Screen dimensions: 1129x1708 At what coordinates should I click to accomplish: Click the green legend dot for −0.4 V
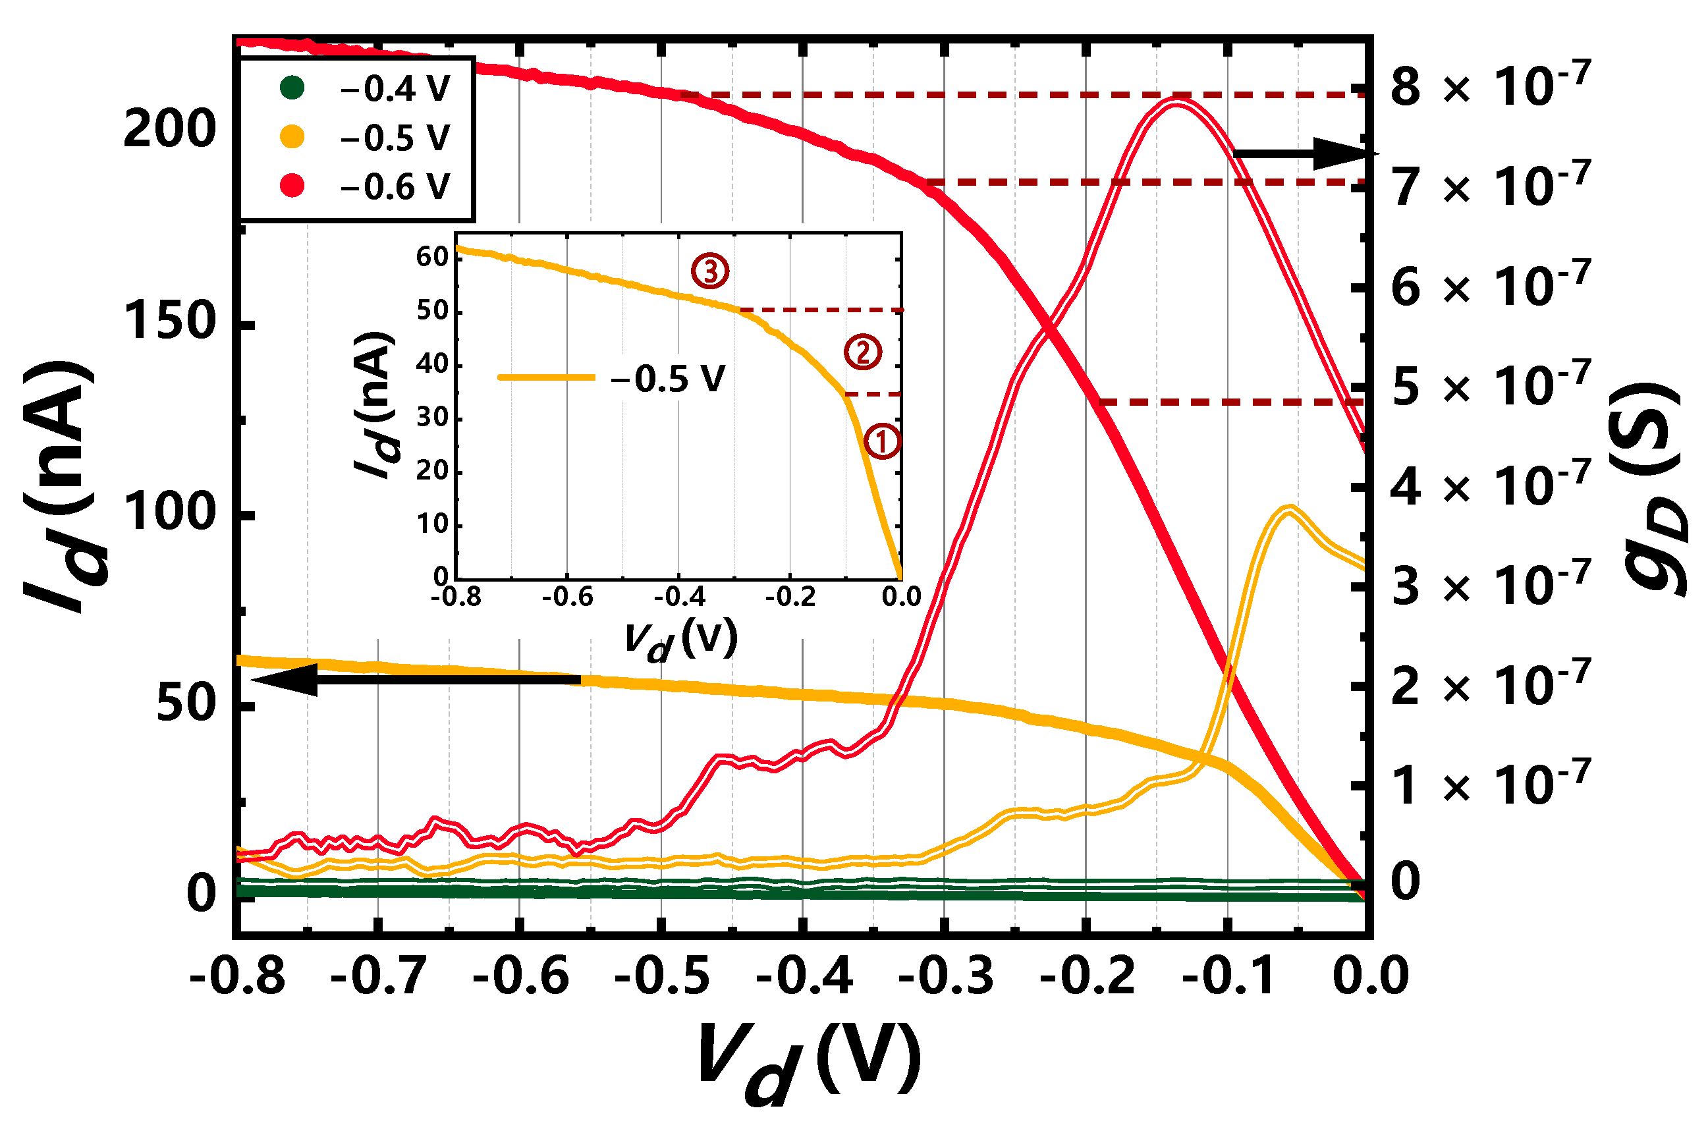[292, 88]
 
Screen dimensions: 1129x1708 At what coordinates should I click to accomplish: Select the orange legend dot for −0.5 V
[292, 137]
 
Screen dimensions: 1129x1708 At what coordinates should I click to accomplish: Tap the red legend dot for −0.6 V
[292, 186]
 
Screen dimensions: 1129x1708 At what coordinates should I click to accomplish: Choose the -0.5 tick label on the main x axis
[662, 977]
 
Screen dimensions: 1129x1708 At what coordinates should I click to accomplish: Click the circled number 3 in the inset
[710, 271]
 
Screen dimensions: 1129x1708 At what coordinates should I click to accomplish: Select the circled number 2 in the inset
[863, 352]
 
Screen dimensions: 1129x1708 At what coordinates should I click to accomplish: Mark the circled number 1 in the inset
[881, 441]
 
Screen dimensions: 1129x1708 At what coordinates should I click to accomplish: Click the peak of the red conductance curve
[1176, 101]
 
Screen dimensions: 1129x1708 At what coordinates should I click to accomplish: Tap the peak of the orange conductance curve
[1289, 509]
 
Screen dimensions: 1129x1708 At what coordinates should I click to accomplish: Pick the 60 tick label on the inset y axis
[432, 257]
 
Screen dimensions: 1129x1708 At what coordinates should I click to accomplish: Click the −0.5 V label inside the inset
[667, 379]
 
